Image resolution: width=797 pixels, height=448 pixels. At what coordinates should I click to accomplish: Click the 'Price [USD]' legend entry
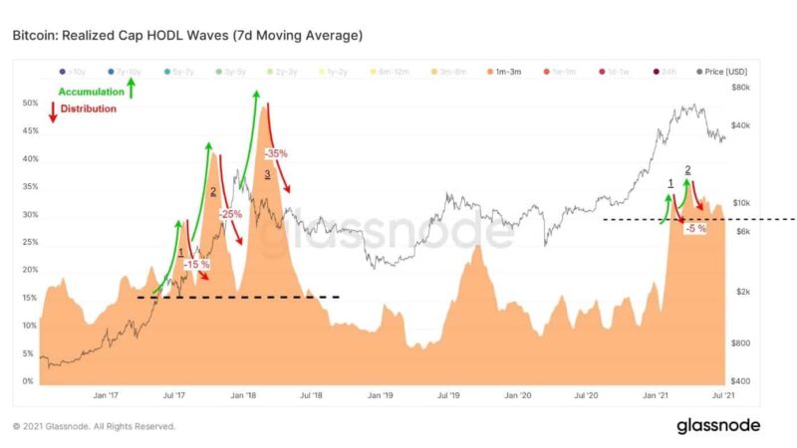[x=721, y=72]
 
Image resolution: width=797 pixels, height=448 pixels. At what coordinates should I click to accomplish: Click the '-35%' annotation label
[x=276, y=154]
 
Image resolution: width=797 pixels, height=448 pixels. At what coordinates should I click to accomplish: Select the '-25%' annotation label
[x=230, y=214]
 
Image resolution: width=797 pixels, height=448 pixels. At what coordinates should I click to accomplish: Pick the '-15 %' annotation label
[x=196, y=264]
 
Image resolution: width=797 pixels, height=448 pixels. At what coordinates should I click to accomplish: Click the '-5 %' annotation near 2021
[x=695, y=228]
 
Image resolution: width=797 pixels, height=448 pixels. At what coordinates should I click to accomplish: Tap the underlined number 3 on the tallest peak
[x=267, y=174]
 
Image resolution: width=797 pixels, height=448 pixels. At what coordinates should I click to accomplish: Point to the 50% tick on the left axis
[x=29, y=103]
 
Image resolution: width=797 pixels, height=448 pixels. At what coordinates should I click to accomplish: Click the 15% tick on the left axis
[x=29, y=298]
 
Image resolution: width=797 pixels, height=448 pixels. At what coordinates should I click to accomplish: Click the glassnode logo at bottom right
[x=718, y=426]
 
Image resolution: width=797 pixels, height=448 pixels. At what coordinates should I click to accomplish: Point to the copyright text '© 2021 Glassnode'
[x=94, y=426]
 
